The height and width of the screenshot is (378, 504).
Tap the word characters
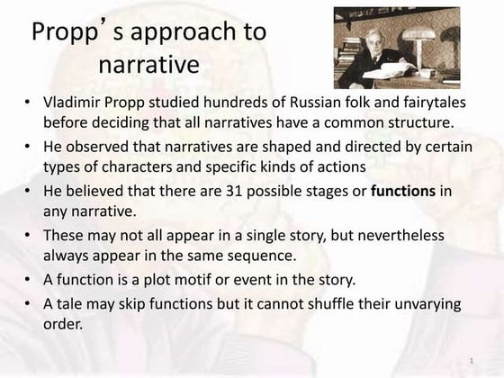coord(134,168)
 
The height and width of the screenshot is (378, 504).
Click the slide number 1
coord(471,361)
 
